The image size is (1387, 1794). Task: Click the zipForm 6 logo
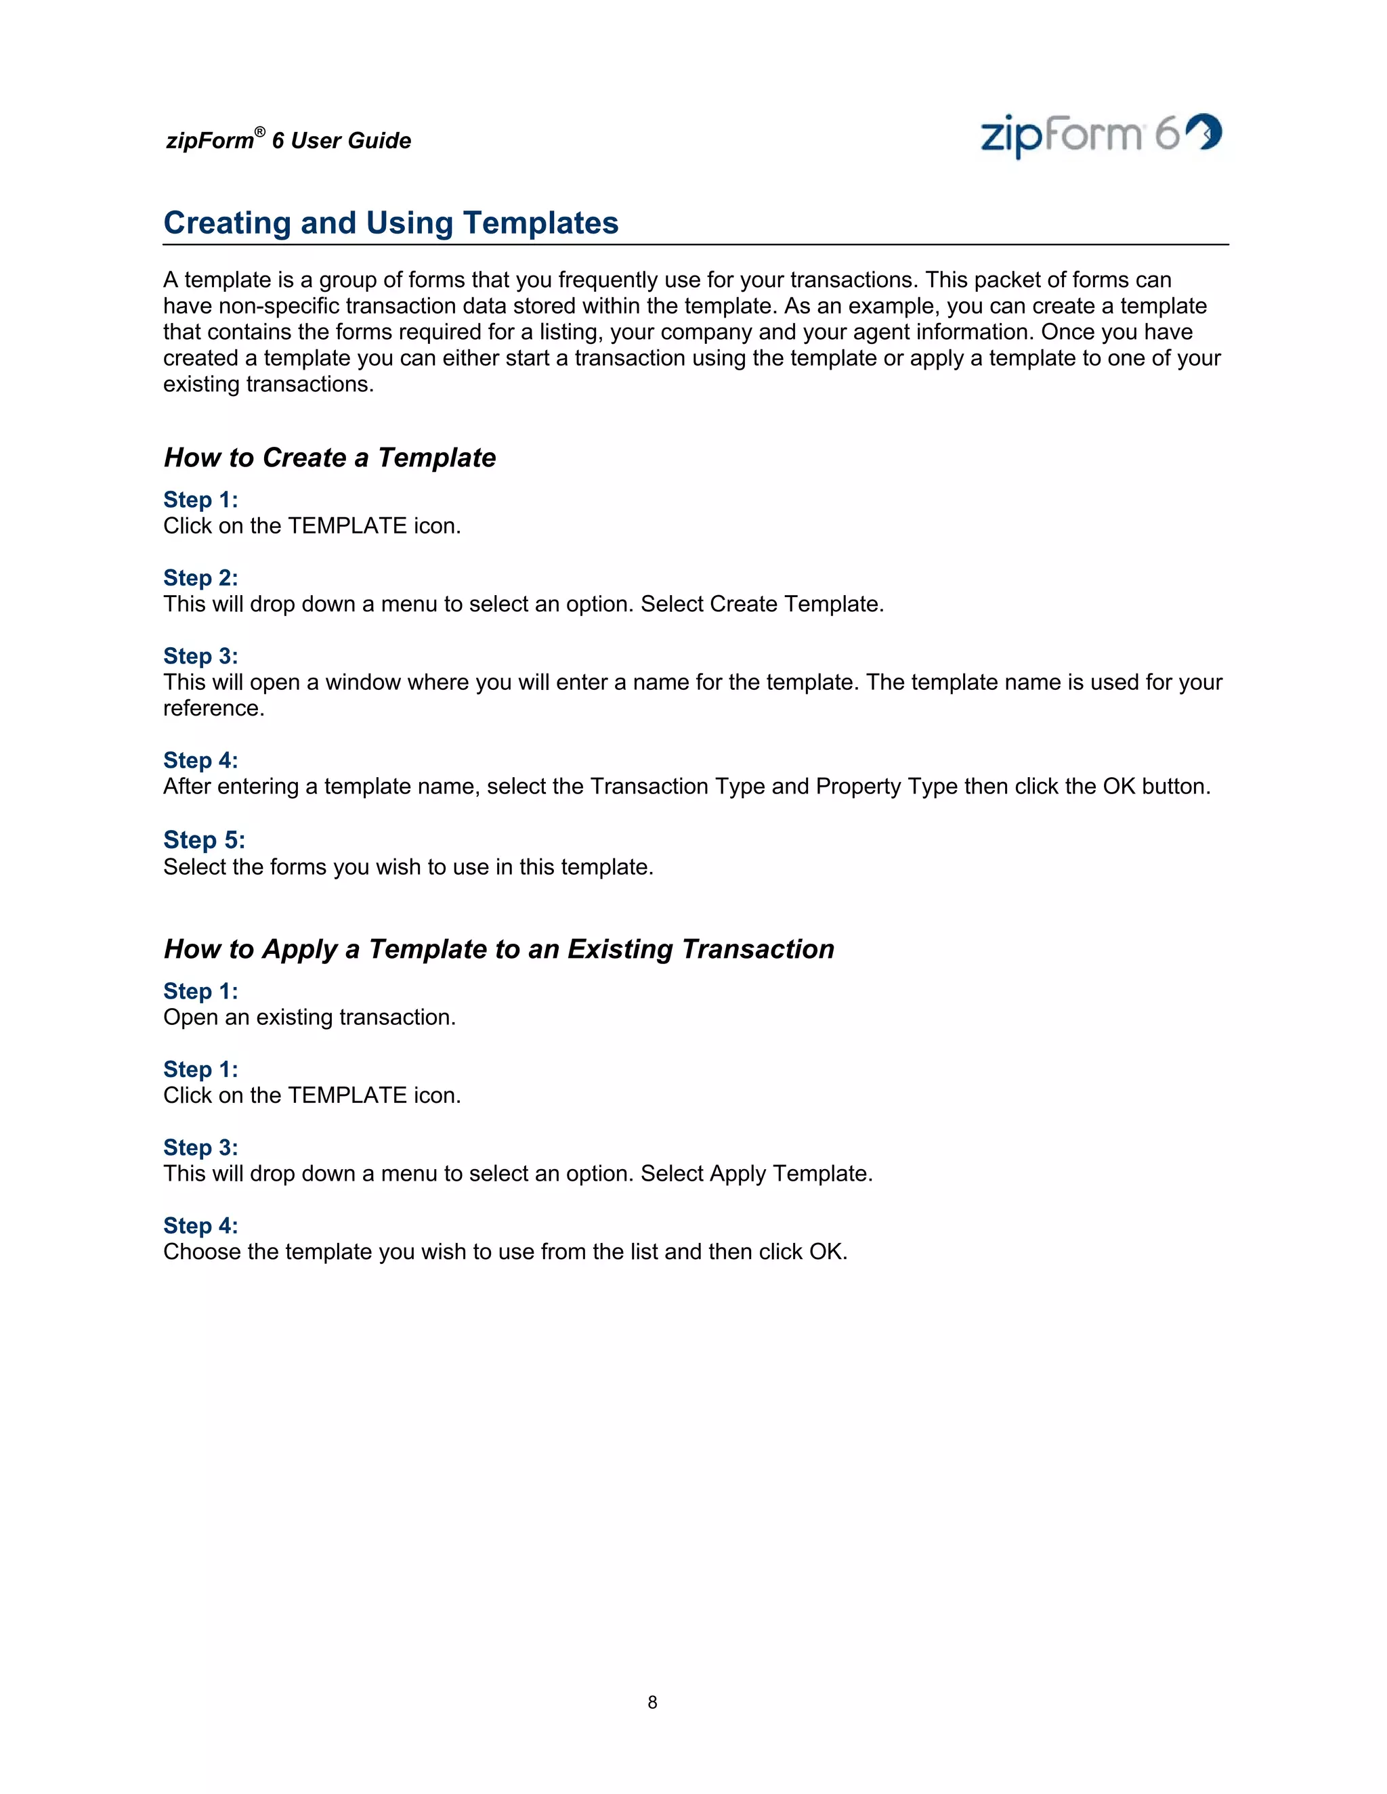(x=1101, y=135)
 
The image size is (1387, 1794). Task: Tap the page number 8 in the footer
(x=652, y=1702)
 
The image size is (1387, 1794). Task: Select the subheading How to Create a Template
(x=330, y=458)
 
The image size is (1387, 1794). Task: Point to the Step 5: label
(x=204, y=839)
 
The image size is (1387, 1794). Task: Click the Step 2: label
(x=200, y=577)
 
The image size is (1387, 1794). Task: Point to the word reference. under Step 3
(x=213, y=708)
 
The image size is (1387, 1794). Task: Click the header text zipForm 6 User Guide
(x=289, y=140)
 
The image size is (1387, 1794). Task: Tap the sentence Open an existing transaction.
(x=309, y=1017)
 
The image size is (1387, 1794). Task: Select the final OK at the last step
(x=826, y=1251)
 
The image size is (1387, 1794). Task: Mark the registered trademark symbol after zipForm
(x=259, y=132)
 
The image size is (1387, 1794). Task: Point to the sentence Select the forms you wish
(x=408, y=867)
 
